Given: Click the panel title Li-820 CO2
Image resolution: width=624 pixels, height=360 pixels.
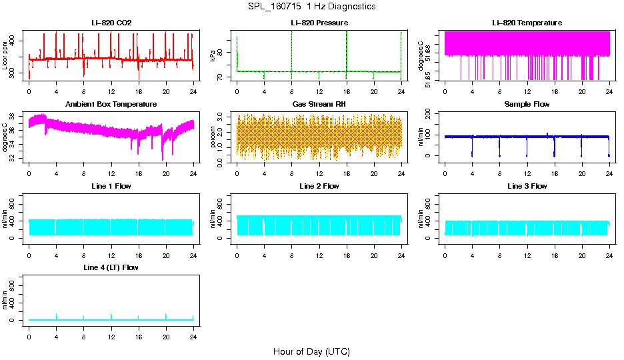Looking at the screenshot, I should pos(111,23).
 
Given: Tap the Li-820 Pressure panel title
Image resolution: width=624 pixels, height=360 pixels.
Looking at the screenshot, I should pos(319,23).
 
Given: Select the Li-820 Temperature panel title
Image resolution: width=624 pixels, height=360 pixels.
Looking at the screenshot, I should pos(527,23).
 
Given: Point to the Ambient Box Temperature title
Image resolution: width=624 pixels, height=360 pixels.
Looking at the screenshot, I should pos(111,105).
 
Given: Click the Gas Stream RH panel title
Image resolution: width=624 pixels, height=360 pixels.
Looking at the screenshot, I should pos(319,105).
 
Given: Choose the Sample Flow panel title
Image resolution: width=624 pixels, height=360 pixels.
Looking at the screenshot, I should pos(527,105).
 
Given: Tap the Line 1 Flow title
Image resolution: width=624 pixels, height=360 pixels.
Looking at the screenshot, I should pos(111,187).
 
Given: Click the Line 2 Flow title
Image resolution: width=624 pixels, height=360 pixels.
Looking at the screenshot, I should pos(319,187).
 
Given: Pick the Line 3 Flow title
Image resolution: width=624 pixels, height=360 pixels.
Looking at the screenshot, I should pos(527,187).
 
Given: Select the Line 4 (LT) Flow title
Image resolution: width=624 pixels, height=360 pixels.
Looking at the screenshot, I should pos(111,268).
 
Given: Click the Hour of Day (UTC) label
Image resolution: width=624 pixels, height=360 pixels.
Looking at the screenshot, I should pos(311,351).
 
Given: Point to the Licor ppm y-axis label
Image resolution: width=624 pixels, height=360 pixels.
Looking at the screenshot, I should pos(5,55).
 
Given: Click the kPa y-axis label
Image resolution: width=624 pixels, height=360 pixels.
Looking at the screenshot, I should pos(213,55).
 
